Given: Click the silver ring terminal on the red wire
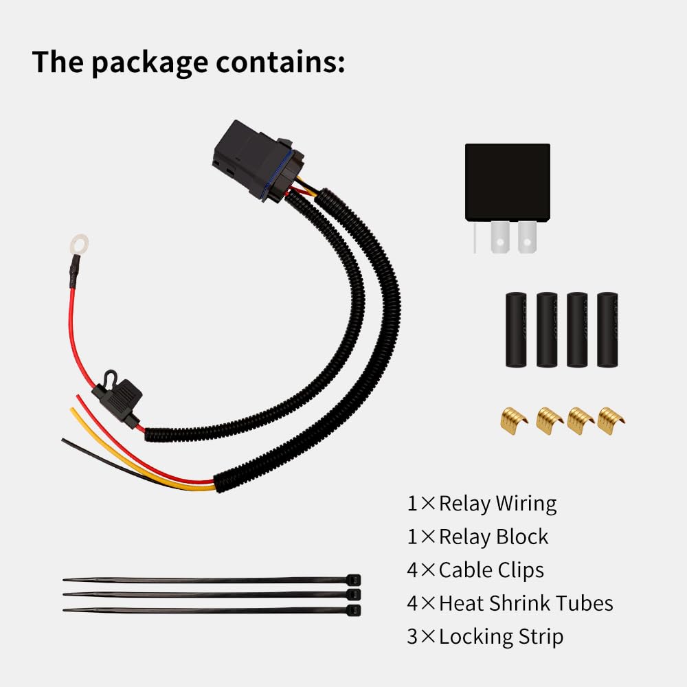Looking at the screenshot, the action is pos(79,244).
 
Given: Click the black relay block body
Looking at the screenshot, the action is pos(507,181).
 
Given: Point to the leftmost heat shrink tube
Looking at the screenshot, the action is pos(516,329).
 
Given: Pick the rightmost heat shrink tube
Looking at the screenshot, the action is pos(607,329).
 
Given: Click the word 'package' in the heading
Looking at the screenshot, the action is pos(150,62).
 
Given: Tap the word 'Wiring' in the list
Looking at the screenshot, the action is pos(525,504).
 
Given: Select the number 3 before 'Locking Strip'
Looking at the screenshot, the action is pos(412,636).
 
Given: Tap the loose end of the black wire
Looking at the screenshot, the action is pos(65,440).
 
